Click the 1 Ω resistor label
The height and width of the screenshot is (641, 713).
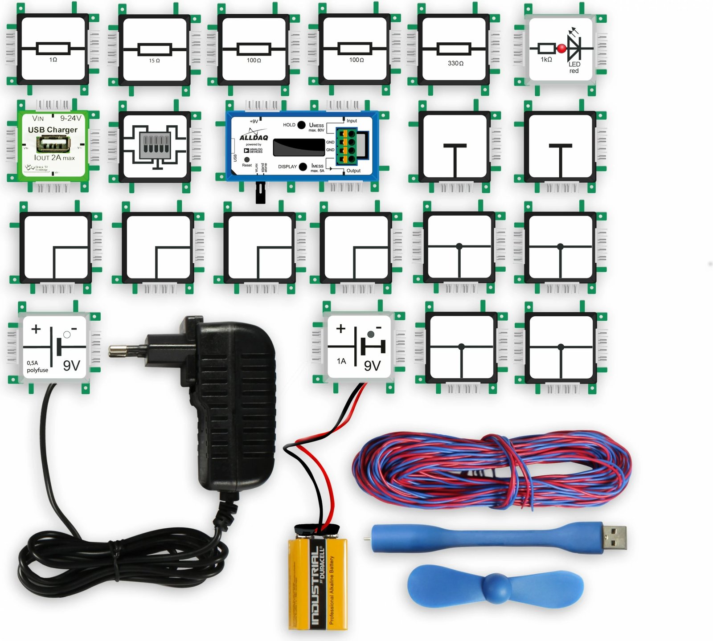53,60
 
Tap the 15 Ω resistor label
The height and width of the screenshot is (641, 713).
154,61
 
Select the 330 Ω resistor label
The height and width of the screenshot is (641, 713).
455,64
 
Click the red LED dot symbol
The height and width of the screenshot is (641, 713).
561,49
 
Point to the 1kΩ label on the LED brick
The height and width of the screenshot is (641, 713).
546,60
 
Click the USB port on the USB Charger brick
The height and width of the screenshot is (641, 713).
53,144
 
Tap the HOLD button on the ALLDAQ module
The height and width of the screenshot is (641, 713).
301,125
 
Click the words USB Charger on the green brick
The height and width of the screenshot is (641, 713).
53,130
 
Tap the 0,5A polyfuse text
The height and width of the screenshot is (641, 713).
37,367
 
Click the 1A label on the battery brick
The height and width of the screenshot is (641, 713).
341,361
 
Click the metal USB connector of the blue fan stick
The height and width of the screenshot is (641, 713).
615,537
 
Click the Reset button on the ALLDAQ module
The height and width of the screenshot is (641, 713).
247,159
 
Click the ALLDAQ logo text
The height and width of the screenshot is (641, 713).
254,138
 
